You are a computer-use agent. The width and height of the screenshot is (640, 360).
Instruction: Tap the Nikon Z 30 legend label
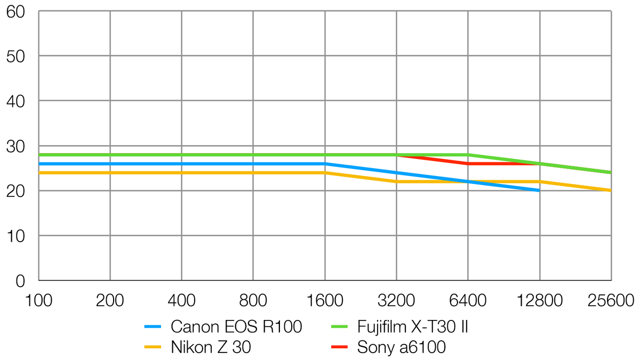point(211,348)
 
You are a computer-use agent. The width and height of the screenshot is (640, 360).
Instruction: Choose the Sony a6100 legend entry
point(401,348)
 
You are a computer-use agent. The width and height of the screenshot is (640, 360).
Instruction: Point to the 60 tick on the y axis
point(17,11)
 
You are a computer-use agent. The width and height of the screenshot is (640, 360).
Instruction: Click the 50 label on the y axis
point(17,56)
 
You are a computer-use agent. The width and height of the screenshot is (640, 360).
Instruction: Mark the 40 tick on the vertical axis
point(17,101)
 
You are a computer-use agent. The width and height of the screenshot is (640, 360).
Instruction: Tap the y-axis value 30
point(17,146)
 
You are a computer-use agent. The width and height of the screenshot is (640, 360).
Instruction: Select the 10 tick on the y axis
point(17,235)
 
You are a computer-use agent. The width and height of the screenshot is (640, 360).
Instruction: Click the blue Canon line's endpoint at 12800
point(539,190)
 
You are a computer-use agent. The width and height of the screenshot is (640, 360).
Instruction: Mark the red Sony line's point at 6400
point(468,163)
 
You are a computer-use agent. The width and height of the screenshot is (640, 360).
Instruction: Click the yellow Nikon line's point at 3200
point(396,181)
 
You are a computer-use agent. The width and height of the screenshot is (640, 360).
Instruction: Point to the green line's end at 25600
point(611,172)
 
